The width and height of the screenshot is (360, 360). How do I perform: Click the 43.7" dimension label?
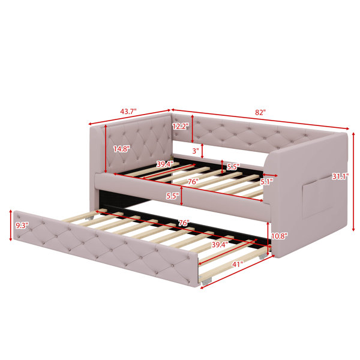128,112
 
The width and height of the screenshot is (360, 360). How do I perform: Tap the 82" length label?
260,113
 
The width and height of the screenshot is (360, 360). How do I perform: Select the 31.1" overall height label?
340,176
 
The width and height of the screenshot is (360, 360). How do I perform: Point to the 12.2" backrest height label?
181,126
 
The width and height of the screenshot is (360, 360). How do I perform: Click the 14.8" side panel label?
122,149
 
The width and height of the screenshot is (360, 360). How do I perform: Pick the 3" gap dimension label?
196,151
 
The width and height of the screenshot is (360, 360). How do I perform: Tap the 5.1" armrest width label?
266,182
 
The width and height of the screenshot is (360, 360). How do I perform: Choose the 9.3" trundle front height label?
22,226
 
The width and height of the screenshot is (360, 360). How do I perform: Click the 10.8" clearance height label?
280,236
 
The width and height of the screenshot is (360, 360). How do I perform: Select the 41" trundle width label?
238,265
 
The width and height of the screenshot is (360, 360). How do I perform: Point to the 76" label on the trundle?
184,223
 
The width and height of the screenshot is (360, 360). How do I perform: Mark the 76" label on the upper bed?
193,182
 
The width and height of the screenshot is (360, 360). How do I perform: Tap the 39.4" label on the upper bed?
165,164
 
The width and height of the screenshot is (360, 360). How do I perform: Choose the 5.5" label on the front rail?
173,196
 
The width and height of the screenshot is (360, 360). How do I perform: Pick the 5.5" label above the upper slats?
233,167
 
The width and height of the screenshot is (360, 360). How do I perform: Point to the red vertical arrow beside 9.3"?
11,226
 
